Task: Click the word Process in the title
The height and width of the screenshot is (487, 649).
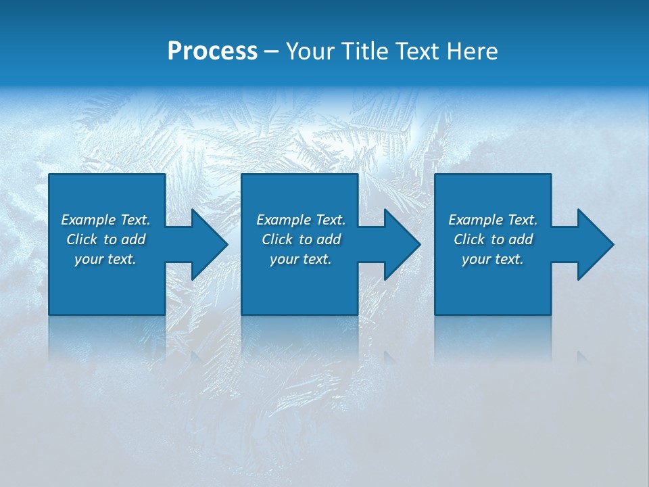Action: [x=212, y=51]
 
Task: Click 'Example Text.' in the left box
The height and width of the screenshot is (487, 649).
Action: [x=105, y=220]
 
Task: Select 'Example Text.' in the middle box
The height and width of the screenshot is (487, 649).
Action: [x=301, y=220]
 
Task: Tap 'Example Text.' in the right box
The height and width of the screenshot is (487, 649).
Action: [x=493, y=220]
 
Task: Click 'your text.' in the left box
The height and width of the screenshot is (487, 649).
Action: [x=105, y=259]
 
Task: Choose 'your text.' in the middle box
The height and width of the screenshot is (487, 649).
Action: [x=301, y=259]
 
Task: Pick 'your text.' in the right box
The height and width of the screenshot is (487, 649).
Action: [x=493, y=259]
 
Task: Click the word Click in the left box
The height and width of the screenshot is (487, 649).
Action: [x=82, y=239]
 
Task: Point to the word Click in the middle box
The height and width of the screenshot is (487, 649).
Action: [x=277, y=239]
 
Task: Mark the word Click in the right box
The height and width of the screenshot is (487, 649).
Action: [x=469, y=239]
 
